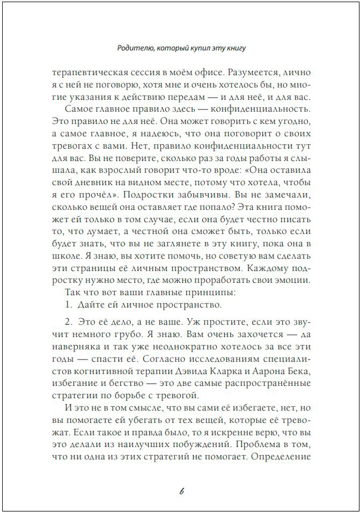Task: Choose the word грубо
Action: coord(122,334)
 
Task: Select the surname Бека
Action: coord(298,372)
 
